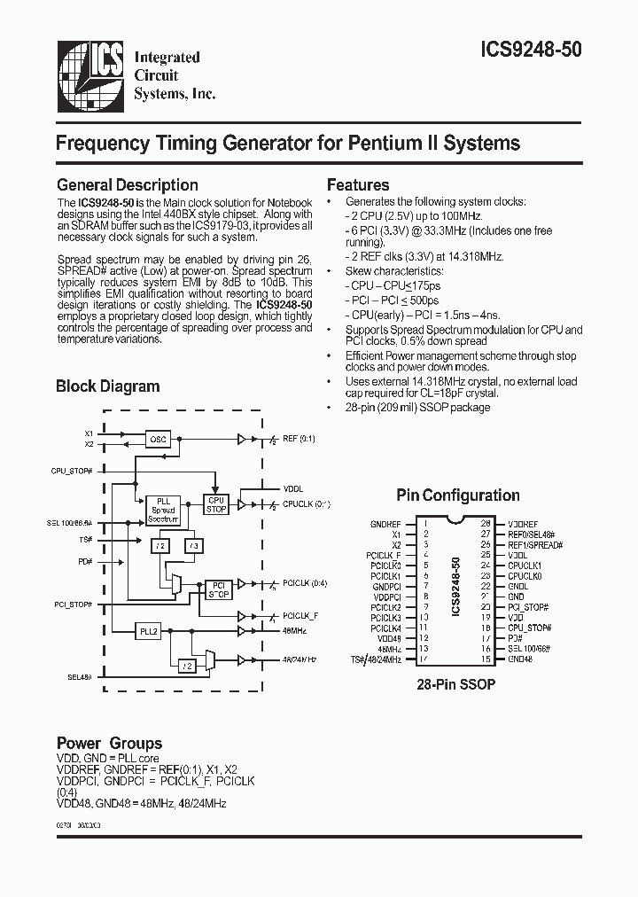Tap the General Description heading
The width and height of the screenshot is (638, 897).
pyautogui.click(x=127, y=185)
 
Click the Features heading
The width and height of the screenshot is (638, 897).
pyautogui.click(x=358, y=185)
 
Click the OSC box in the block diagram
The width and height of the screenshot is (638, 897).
pyautogui.click(x=159, y=438)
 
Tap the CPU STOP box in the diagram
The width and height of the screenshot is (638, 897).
pyautogui.click(x=216, y=504)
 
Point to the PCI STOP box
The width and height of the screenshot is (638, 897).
pyautogui.click(x=217, y=589)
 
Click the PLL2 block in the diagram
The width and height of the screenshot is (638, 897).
pyautogui.click(x=148, y=631)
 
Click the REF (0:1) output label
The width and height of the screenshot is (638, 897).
pyautogui.click(x=299, y=439)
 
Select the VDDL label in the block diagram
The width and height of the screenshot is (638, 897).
pyautogui.click(x=292, y=487)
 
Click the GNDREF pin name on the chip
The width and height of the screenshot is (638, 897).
pyautogui.click(x=385, y=525)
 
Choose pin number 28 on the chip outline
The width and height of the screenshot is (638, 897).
pyautogui.click(x=486, y=525)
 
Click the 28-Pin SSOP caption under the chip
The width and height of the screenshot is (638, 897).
pyautogui.click(x=455, y=685)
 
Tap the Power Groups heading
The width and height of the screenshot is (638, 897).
pyautogui.click(x=109, y=743)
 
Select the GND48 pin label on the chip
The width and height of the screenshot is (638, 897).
pyautogui.click(x=520, y=659)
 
